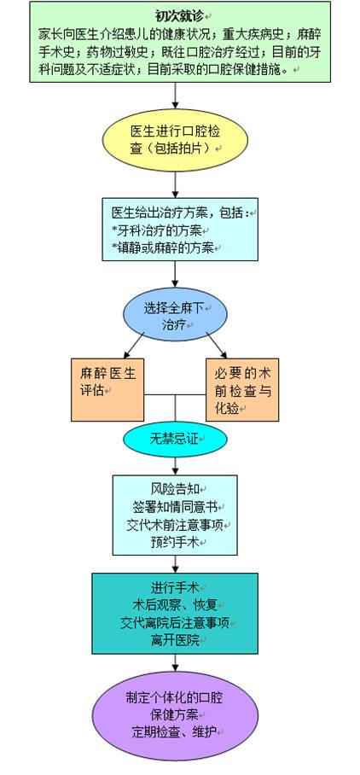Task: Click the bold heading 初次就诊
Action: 176,15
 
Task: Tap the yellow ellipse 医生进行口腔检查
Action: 175,140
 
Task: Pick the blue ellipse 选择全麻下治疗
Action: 175,315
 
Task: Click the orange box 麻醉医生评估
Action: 107,390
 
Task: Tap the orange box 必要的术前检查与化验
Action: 242,390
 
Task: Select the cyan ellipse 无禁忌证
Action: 175,439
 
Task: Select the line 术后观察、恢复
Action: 175,605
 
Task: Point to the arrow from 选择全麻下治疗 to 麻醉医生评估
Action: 133,345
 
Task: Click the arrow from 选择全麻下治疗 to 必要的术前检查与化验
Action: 217,345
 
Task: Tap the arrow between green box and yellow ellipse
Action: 175,96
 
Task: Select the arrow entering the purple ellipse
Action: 175,663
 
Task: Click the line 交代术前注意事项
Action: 176,525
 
